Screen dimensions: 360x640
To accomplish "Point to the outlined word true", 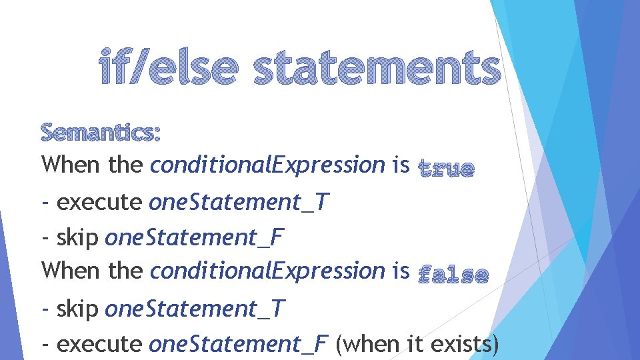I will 446,168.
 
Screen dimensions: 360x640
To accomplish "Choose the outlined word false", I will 453,274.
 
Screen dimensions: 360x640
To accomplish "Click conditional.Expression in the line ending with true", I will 268,165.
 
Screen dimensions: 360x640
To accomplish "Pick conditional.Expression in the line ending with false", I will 268,271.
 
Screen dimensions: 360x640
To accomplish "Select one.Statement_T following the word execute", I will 238,202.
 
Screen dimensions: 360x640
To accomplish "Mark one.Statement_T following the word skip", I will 195,309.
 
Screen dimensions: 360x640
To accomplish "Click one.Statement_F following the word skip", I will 195,237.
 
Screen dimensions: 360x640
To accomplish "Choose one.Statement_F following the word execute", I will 238,344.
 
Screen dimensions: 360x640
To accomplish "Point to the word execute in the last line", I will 99,344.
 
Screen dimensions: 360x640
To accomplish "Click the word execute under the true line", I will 99,202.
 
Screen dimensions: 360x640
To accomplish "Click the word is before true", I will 401,165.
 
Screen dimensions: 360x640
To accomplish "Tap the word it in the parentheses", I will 416,344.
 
